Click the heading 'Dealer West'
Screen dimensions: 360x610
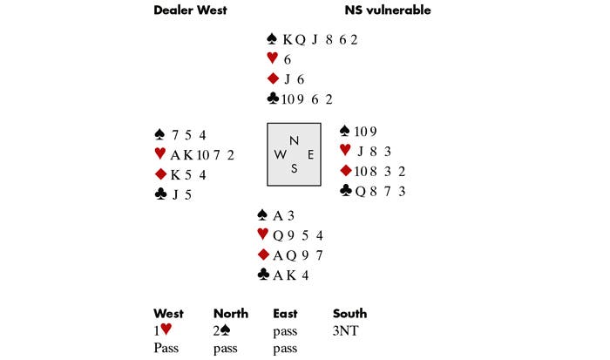point(191,10)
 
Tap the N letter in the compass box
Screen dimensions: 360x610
point(294,140)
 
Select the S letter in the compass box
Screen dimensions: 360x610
point(294,168)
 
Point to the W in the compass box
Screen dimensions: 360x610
point(280,154)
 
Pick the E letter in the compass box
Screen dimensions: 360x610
point(309,154)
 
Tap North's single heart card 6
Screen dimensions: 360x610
point(288,59)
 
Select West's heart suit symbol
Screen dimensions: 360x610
point(160,154)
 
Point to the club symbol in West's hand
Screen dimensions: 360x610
point(160,194)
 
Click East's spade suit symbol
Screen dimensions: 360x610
point(345,131)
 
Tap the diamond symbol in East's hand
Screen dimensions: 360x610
point(345,171)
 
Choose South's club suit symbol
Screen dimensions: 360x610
point(262,275)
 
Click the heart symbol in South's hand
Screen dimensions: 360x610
point(262,234)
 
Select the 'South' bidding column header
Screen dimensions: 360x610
point(350,313)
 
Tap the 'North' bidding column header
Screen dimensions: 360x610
point(231,313)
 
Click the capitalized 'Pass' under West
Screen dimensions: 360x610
point(166,347)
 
